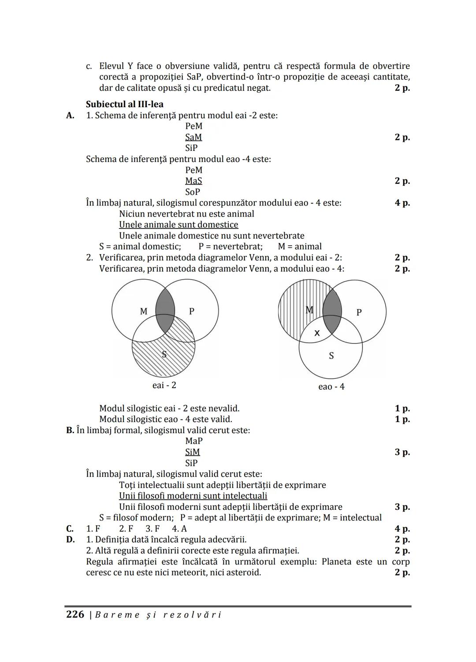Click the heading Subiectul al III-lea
(124, 105)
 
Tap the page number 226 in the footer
(75, 614)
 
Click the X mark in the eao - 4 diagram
(317, 333)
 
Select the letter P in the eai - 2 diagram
(192, 311)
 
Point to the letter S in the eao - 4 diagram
(331, 356)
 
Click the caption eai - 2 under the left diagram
(164, 385)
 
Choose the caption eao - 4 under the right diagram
(331, 387)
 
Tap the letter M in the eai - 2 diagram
(144, 311)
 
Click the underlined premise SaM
(193, 137)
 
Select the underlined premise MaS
(193, 181)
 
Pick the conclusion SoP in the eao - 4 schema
(193, 192)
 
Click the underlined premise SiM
(193, 452)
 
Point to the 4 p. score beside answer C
(402, 529)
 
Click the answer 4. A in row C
(179, 529)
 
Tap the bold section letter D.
(70, 539)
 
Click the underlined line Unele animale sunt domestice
(178, 225)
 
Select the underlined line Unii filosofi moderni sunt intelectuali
(193, 496)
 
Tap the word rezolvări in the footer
(192, 615)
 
